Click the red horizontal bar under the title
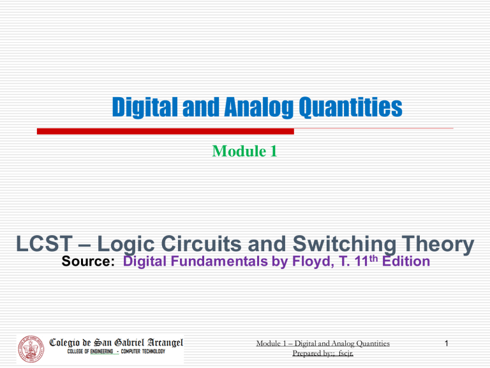165,131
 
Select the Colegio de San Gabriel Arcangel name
116,342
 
